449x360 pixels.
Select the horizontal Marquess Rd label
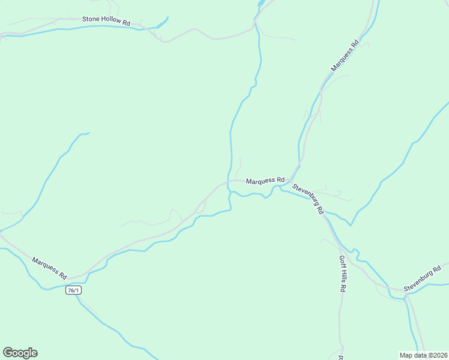pyautogui.click(x=265, y=179)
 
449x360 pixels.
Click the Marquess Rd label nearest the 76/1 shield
pyautogui.click(x=49, y=268)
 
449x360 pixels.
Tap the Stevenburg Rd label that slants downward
pyautogui.click(x=308, y=199)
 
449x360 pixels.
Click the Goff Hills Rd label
pyautogui.click(x=342, y=274)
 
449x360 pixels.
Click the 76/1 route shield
pyautogui.click(x=73, y=290)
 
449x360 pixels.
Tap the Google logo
pyautogui.click(x=20, y=353)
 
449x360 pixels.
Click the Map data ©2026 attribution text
pyautogui.click(x=423, y=355)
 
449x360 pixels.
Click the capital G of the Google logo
pyautogui.click(x=8, y=352)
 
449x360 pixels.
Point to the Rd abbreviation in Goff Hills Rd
pyautogui.click(x=343, y=287)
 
